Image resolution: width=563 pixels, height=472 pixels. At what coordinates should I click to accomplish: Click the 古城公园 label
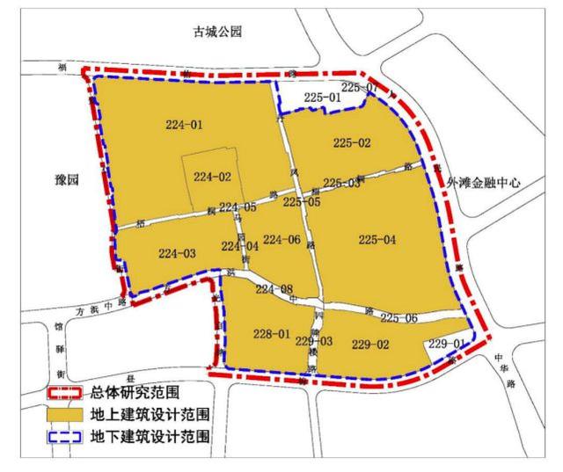click(217, 33)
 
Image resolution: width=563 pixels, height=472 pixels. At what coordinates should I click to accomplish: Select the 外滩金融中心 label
click(483, 183)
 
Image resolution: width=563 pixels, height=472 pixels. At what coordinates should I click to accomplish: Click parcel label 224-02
click(212, 177)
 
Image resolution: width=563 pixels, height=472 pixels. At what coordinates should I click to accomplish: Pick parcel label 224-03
click(178, 253)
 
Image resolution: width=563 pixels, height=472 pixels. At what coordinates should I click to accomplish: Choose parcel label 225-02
click(352, 142)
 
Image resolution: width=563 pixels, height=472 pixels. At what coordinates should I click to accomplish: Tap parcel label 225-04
click(377, 239)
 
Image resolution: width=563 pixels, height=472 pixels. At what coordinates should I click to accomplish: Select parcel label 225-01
click(321, 98)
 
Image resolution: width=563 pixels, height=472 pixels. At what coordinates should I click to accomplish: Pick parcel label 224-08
click(274, 289)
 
